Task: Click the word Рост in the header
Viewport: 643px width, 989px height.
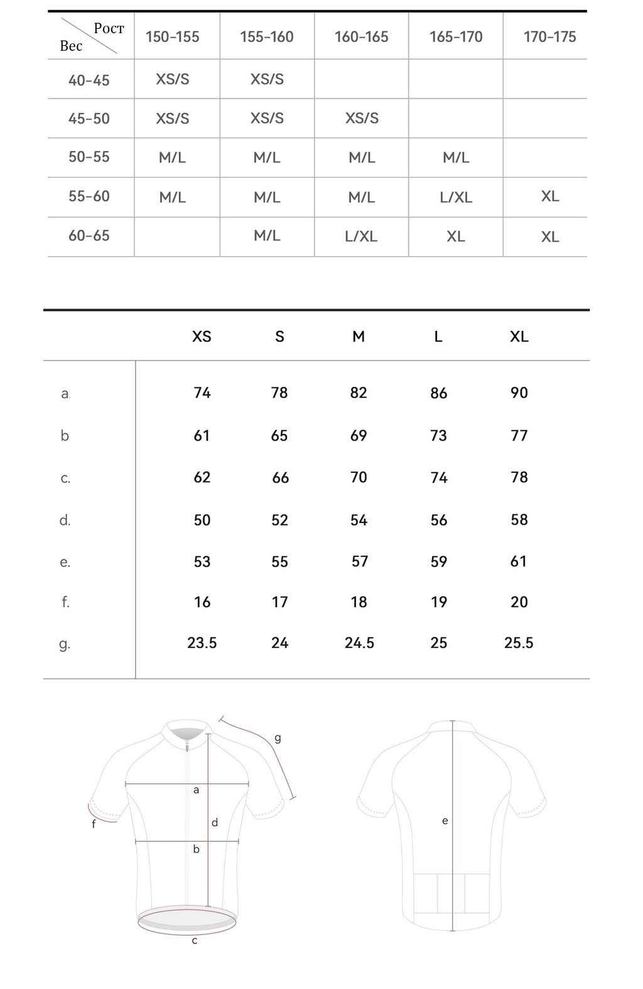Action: click(109, 28)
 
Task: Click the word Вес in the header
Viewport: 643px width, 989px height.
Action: click(71, 46)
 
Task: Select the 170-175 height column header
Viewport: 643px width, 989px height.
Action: click(549, 37)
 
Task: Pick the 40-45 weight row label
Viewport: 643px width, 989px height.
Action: click(89, 80)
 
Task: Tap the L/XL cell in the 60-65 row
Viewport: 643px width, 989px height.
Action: click(361, 237)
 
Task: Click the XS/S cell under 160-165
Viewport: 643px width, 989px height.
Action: click(362, 118)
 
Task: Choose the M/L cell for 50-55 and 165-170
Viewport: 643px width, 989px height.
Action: click(456, 158)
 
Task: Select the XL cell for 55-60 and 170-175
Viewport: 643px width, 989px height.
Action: click(550, 197)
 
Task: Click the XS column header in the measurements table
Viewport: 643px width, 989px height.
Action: click(202, 337)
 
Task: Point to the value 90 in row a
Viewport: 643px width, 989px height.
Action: click(519, 393)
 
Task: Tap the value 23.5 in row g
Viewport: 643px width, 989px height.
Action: click(202, 643)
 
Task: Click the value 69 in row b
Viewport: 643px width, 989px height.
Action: click(359, 436)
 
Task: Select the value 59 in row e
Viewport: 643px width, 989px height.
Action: click(439, 562)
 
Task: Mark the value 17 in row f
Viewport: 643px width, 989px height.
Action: click(279, 602)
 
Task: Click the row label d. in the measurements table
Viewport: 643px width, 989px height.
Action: click(65, 521)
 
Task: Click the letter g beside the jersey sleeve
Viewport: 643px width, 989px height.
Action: click(278, 738)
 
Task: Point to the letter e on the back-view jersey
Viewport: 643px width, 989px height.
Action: click(445, 821)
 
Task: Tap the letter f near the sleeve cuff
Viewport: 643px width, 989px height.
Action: click(94, 824)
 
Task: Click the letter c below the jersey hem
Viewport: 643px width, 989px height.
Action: click(195, 941)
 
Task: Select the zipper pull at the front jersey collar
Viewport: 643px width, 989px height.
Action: click(186, 745)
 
